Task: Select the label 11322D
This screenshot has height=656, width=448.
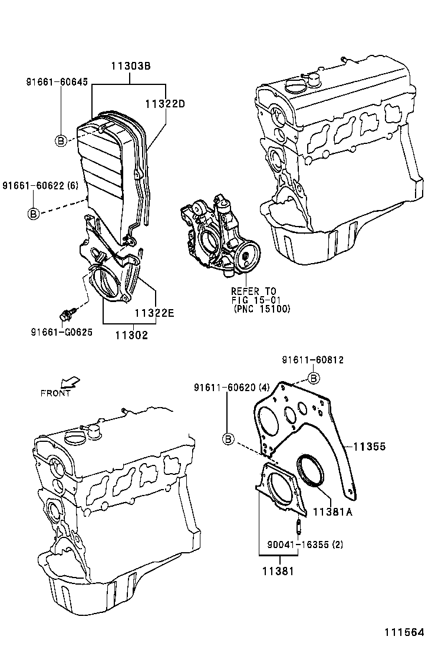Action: point(165,104)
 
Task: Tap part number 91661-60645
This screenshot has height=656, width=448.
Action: point(57,82)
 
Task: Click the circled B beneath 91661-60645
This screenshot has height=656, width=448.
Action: point(60,140)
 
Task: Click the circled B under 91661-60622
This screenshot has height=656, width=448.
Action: point(34,214)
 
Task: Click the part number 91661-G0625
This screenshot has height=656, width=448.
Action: point(61,332)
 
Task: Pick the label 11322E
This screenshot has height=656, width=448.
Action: point(154,313)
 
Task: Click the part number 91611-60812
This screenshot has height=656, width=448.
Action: point(312,360)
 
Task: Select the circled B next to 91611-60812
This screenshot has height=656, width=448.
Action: point(314,377)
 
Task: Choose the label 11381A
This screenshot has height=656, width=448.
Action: point(332,512)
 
